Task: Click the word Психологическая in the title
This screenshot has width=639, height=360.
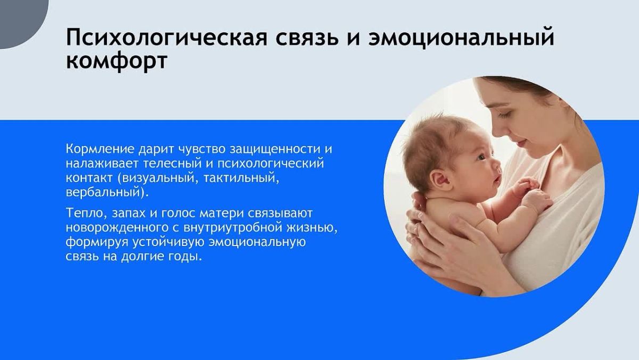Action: point(167,37)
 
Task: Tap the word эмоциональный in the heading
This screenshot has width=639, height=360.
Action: point(461,37)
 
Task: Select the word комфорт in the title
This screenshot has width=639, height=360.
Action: point(117,61)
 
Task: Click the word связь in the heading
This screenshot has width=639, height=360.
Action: point(307,37)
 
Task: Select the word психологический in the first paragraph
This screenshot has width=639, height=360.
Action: point(271,163)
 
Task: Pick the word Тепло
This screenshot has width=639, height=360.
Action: point(86,214)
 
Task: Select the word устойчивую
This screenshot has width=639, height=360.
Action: point(168,242)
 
